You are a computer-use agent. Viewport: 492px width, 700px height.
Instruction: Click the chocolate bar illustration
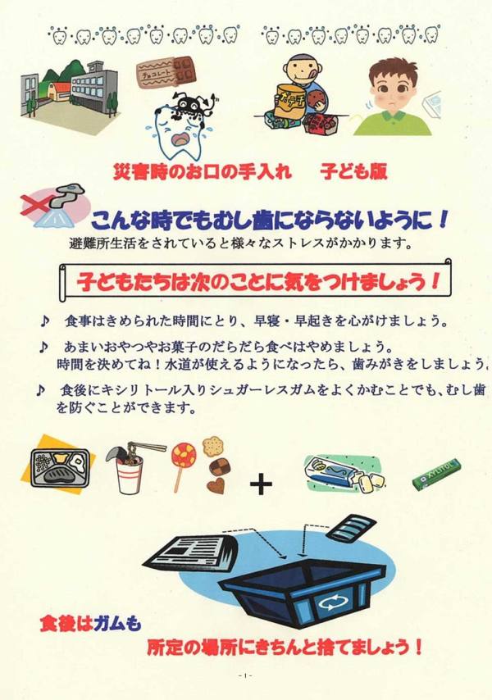(166, 71)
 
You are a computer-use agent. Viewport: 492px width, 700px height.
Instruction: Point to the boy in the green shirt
(393, 98)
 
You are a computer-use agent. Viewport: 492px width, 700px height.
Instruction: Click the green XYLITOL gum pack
(435, 474)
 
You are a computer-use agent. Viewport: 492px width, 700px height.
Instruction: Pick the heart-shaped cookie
(216, 485)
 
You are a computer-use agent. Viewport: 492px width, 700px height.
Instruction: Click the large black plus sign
(262, 484)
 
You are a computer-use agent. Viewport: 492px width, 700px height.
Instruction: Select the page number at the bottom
(245, 676)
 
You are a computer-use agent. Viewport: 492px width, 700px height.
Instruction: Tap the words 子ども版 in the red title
(353, 172)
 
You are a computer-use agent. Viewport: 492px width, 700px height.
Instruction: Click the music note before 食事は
(44, 321)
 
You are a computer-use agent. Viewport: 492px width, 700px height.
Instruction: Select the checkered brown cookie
(220, 467)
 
